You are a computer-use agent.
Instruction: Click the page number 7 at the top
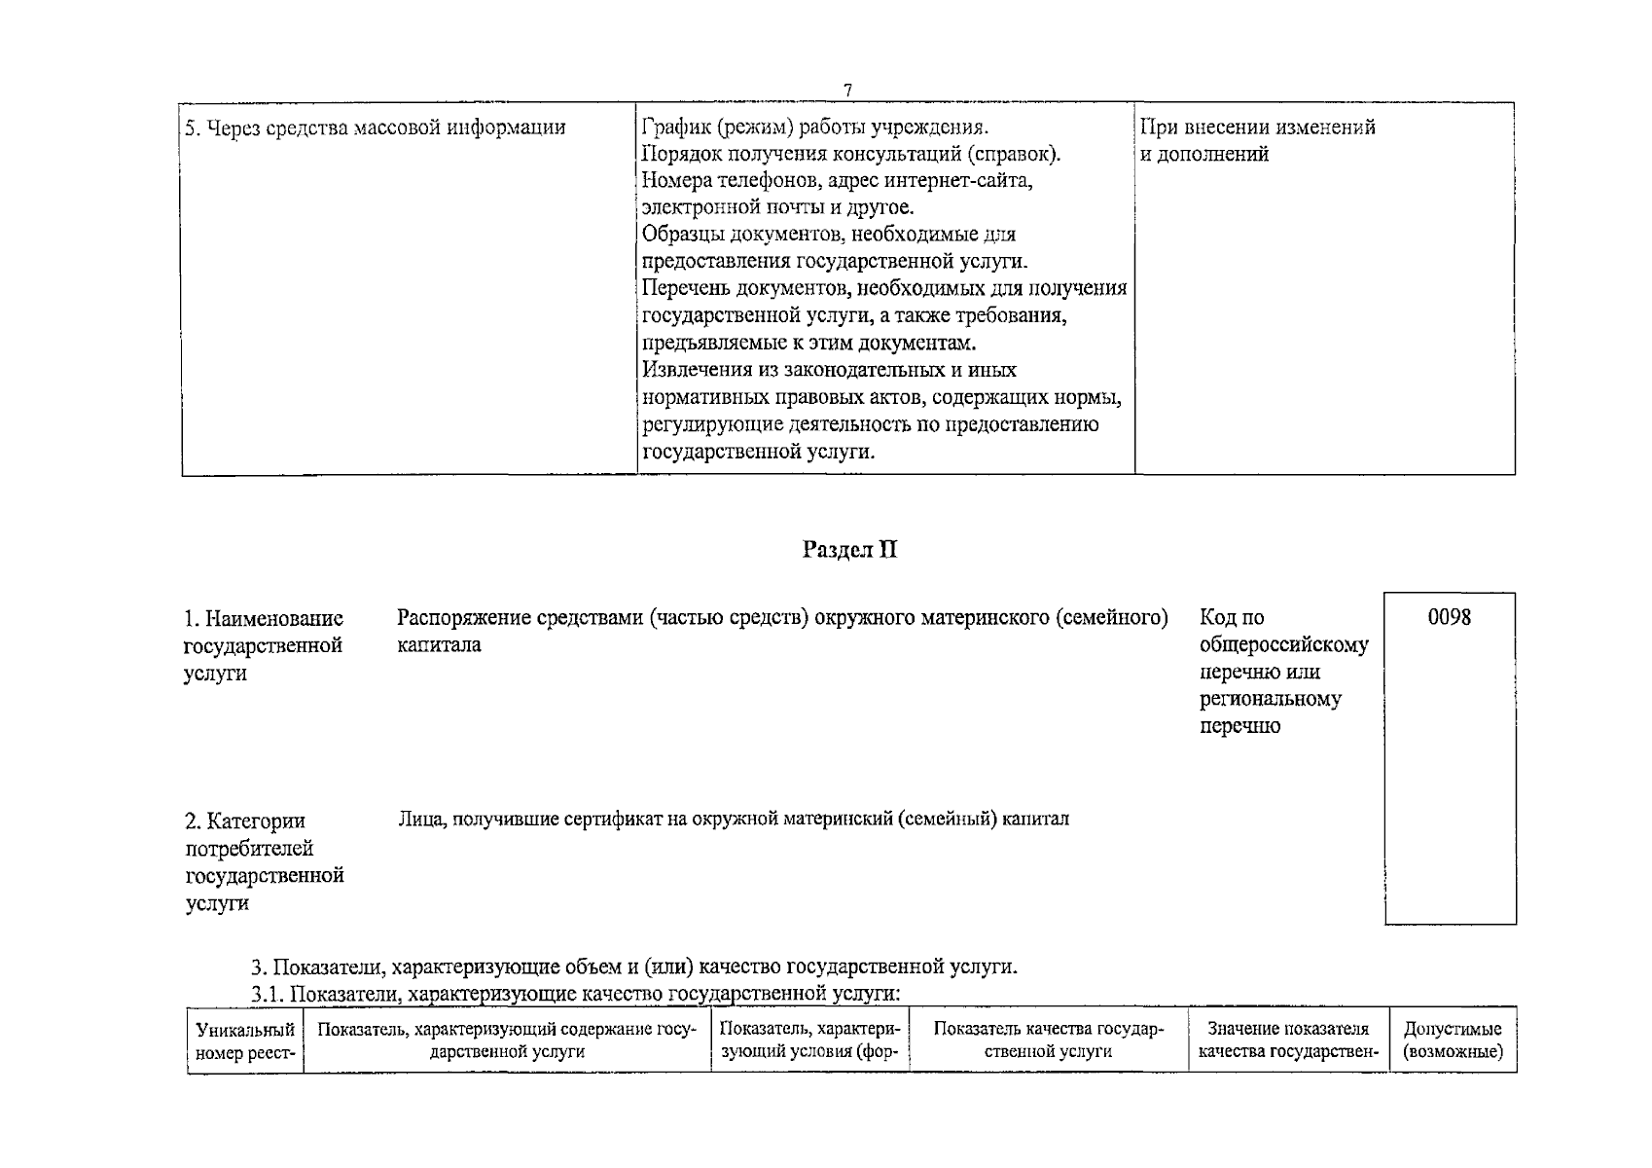point(847,90)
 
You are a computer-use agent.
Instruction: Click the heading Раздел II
point(849,550)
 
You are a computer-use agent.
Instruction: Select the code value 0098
point(1450,617)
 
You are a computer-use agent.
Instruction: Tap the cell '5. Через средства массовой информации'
point(376,128)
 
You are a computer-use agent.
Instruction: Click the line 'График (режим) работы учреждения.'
point(815,128)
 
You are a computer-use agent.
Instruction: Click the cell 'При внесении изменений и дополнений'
point(1257,140)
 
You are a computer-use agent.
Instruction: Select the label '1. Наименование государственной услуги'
point(264,645)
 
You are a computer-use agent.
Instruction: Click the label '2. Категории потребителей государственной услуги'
point(264,861)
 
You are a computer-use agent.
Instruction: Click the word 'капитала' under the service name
point(439,644)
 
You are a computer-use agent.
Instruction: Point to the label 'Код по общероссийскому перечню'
point(1283,672)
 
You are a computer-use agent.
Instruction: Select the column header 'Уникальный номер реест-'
point(245,1040)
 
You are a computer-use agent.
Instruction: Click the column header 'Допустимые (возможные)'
point(1453,1040)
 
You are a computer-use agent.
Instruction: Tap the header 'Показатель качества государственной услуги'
point(1048,1040)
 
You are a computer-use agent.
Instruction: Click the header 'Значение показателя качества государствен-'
point(1288,1040)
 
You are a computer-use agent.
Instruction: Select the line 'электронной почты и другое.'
point(777,207)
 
